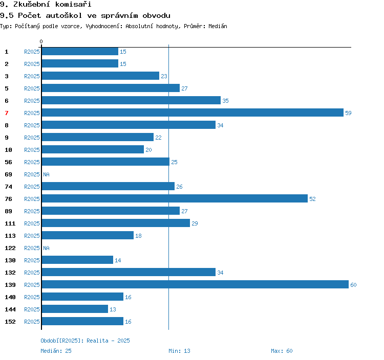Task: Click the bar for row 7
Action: click(193, 112)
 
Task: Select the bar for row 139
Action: click(195, 284)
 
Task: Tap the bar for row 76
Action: click(175, 198)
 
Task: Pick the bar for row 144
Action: click(75, 309)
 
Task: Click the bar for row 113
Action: click(88, 235)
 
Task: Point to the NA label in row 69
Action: click(46, 174)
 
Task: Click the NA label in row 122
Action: click(46, 248)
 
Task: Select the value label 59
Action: click(348, 113)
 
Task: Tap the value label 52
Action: click(312, 199)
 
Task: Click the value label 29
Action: click(195, 223)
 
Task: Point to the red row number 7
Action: click(7, 113)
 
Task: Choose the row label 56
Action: click(8, 162)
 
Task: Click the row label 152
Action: click(10, 322)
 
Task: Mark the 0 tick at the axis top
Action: click(41, 41)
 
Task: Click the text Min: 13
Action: click(179, 351)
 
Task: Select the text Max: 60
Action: click(282, 351)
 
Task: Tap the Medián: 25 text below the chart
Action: click(56, 351)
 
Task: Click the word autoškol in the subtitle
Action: click(64, 15)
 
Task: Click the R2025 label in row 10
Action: click(32, 150)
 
